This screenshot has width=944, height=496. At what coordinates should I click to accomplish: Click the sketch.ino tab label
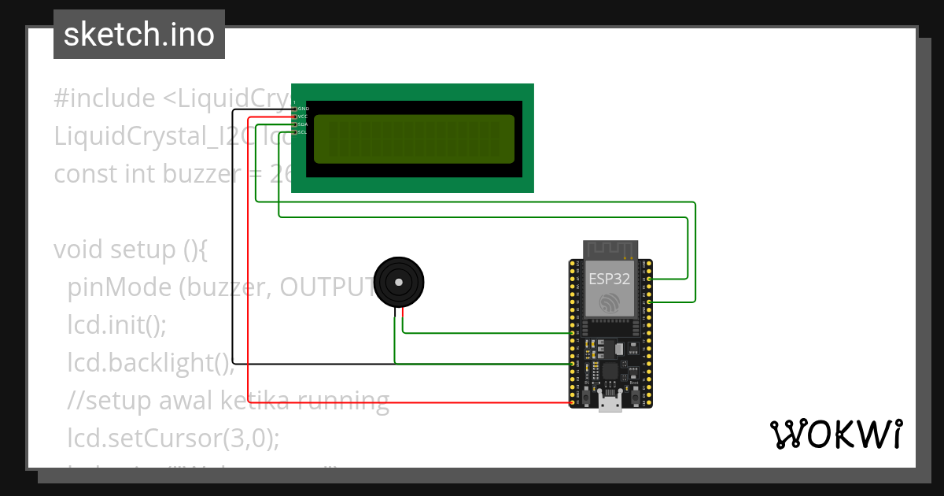139,35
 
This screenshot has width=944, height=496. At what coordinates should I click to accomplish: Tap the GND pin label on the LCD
304,108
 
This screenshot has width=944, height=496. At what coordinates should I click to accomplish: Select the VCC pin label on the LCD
304,117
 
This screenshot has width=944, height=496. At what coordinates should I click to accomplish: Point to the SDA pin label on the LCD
304,124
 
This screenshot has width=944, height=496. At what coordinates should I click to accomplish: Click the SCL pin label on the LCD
304,132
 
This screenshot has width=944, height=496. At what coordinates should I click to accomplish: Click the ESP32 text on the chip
610,278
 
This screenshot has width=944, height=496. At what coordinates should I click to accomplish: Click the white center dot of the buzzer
399,281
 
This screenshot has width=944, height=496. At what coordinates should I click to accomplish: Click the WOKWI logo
835,435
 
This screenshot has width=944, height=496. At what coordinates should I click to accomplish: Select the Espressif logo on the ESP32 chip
610,303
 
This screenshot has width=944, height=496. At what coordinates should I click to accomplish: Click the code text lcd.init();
117,325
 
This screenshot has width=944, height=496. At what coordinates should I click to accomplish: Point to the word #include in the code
105,98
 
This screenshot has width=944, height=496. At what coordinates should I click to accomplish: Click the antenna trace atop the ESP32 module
610,250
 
